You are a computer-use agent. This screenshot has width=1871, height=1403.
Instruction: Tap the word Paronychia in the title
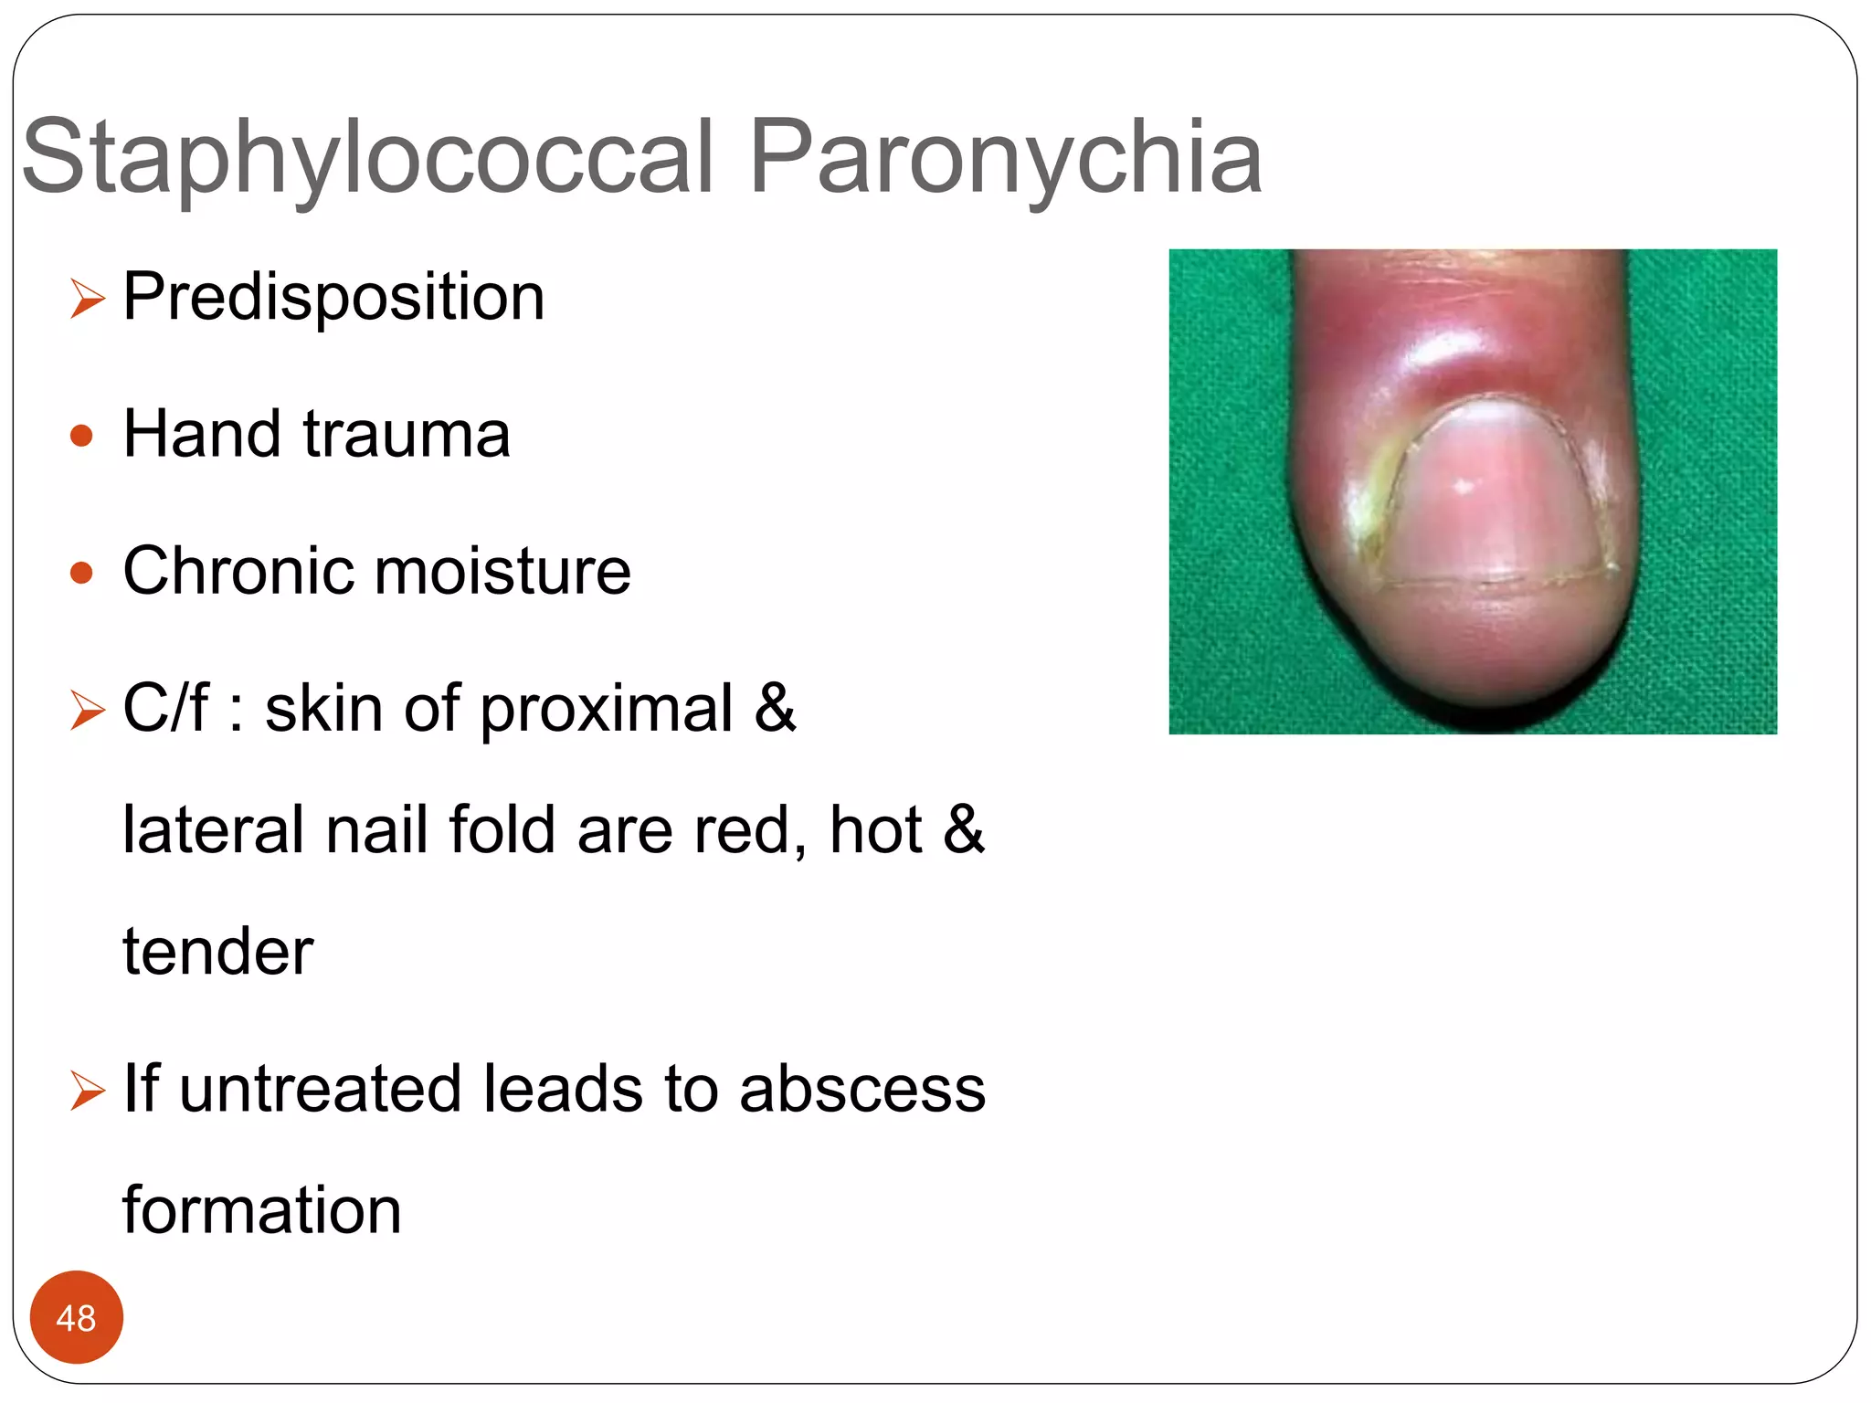[1005, 157]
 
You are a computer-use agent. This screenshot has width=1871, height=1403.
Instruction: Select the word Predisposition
[333, 297]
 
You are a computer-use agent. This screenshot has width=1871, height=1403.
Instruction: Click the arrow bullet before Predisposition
[88, 299]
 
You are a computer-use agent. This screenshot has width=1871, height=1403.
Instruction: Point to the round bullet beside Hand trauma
[81, 436]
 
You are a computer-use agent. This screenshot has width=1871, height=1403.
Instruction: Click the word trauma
[407, 434]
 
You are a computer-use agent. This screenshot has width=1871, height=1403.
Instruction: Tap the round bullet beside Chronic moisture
[81, 573]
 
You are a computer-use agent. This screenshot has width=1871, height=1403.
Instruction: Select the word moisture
[502, 571]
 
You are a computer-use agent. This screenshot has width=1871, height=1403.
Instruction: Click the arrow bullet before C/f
[88, 710]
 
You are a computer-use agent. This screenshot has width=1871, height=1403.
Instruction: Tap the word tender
[218, 952]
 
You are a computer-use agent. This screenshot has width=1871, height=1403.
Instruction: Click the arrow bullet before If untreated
[88, 1091]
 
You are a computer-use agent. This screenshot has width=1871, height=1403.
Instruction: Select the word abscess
[862, 1089]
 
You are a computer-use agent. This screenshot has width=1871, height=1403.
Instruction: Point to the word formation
[262, 1210]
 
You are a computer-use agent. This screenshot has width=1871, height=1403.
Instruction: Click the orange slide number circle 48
[76, 1318]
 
